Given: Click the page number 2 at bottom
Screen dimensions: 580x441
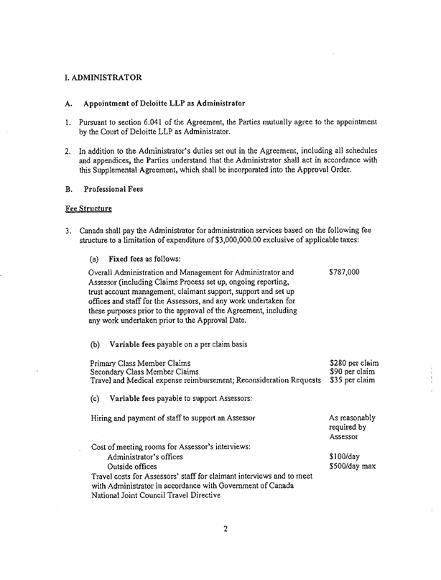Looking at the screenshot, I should point(226,550).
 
